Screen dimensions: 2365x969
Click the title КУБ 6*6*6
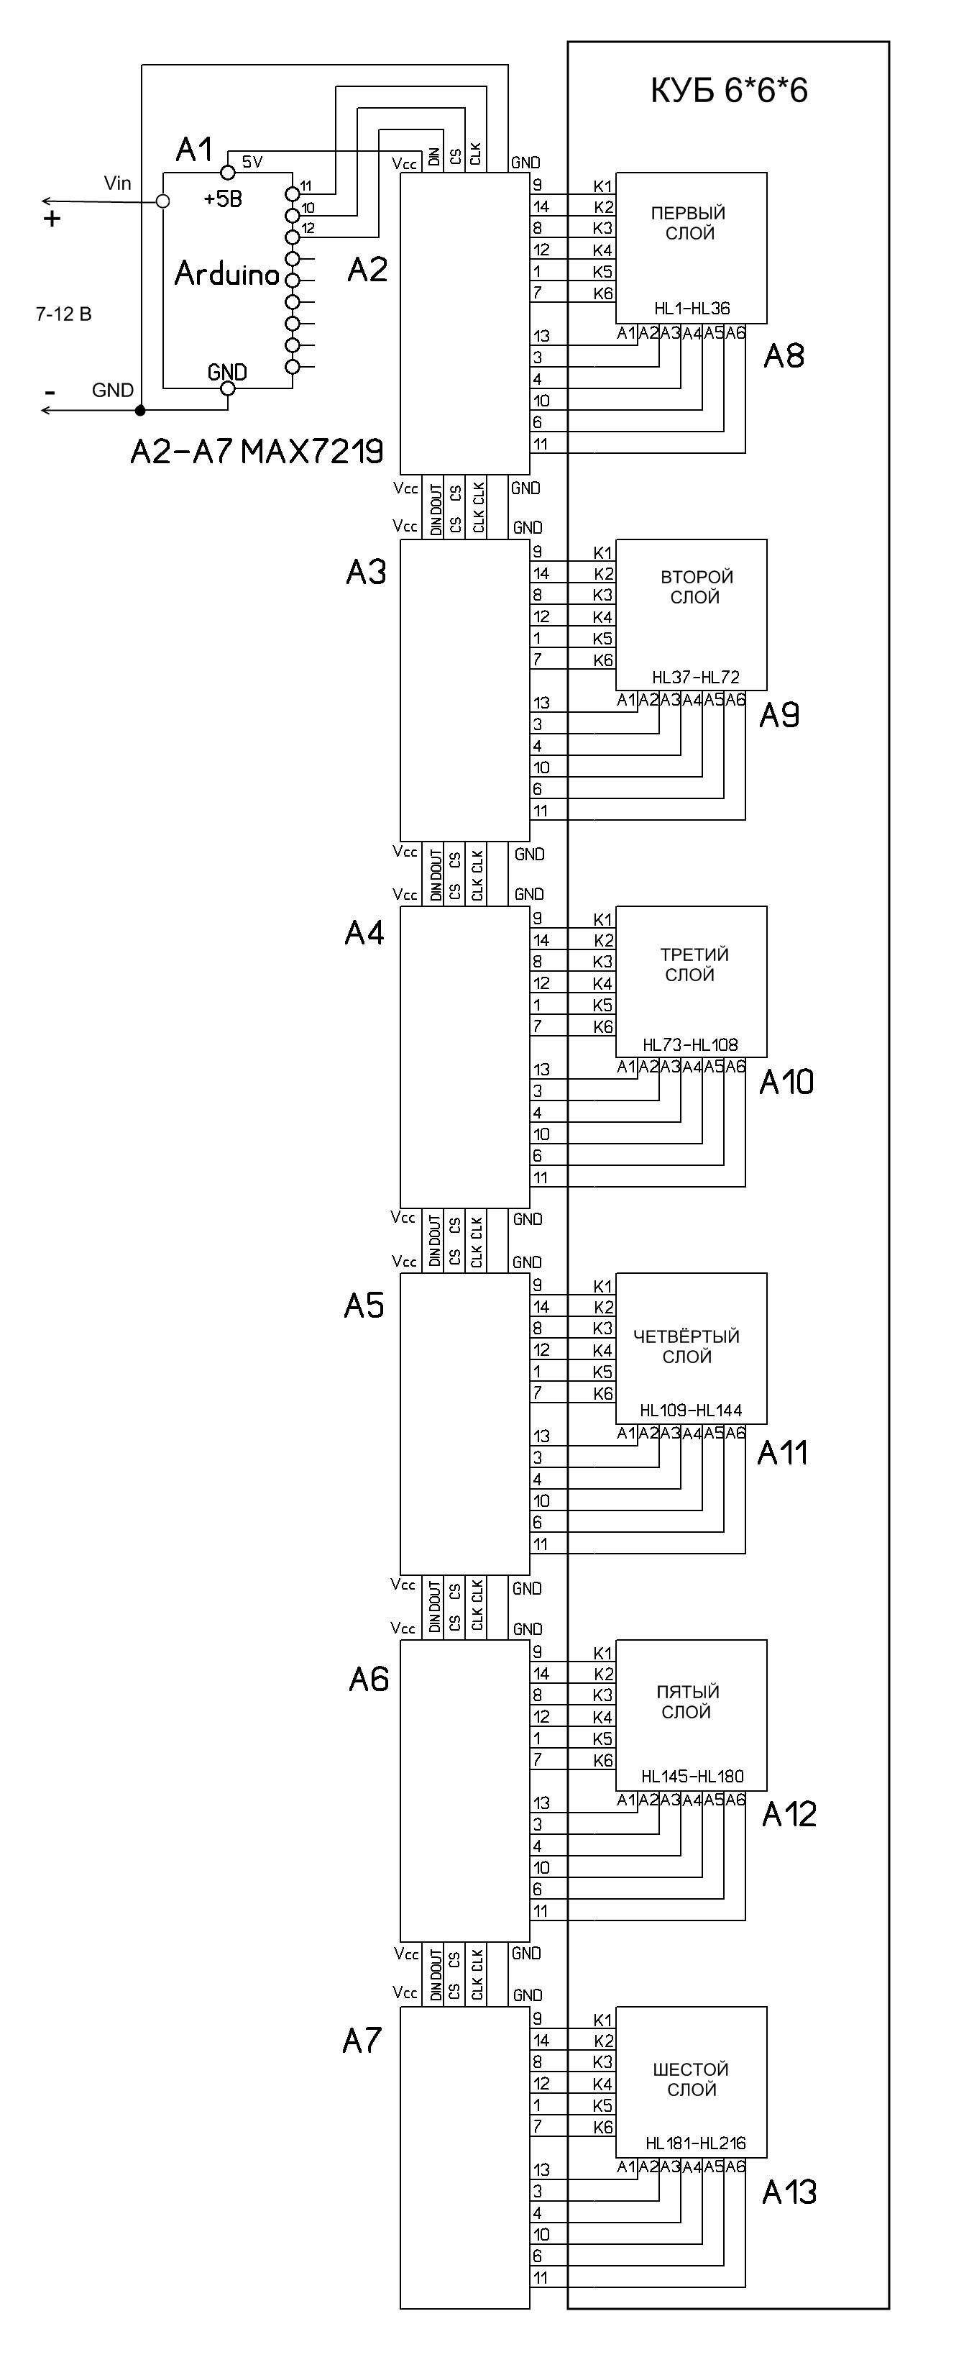coord(729,91)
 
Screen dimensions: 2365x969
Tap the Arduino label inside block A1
coord(226,273)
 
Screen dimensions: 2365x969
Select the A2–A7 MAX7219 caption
coord(256,451)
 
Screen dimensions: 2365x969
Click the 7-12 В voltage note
coord(63,314)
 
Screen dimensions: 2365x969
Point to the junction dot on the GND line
coord(140,411)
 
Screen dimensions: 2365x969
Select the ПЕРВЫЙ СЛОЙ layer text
coord(689,223)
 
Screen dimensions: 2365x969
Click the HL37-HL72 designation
coord(696,678)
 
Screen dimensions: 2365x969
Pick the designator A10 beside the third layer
coord(786,1083)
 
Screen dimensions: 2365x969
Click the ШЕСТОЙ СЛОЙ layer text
coord(691,2079)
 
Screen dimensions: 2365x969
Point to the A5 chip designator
coord(364,1305)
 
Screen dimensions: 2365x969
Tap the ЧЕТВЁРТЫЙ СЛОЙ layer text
coord(686,1346)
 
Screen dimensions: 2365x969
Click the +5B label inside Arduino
coord(223,199)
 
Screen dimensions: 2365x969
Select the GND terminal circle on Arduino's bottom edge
coord(229,388)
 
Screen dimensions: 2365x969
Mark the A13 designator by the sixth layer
coord(789,2192)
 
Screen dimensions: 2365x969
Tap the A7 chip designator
coord(362,2041)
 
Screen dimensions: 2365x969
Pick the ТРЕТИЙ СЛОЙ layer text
coord(694,964)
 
